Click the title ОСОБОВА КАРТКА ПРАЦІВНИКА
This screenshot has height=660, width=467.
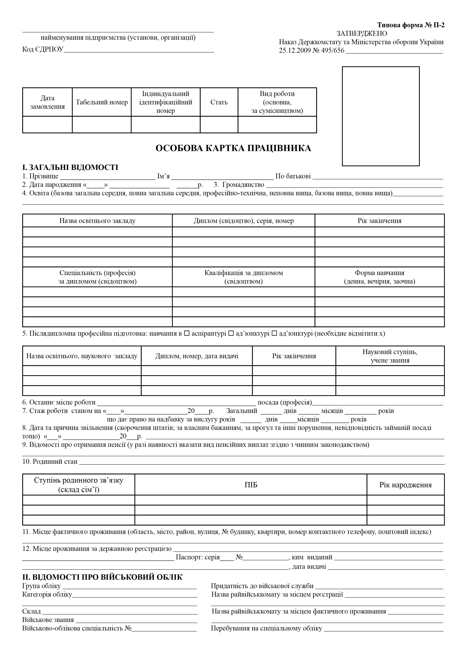(x=233, y=148)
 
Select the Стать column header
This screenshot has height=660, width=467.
(x=219, y=102)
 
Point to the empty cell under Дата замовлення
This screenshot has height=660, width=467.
(x=47, y=125)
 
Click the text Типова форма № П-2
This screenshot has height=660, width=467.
(x=411, y=25)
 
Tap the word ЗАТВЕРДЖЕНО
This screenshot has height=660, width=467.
(x=362, y=34)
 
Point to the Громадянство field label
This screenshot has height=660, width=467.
(x=243, y=185)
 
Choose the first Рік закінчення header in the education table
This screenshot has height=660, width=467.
(x=379, y=221)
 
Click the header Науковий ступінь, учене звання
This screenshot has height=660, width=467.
(x=390, y=356)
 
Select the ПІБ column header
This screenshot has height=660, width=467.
(x=251, y=485)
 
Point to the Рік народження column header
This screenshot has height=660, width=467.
(x=405, y=485)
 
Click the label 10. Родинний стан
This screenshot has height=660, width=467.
(x=50, y=462)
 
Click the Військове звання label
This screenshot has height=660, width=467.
(x=48, y=620)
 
